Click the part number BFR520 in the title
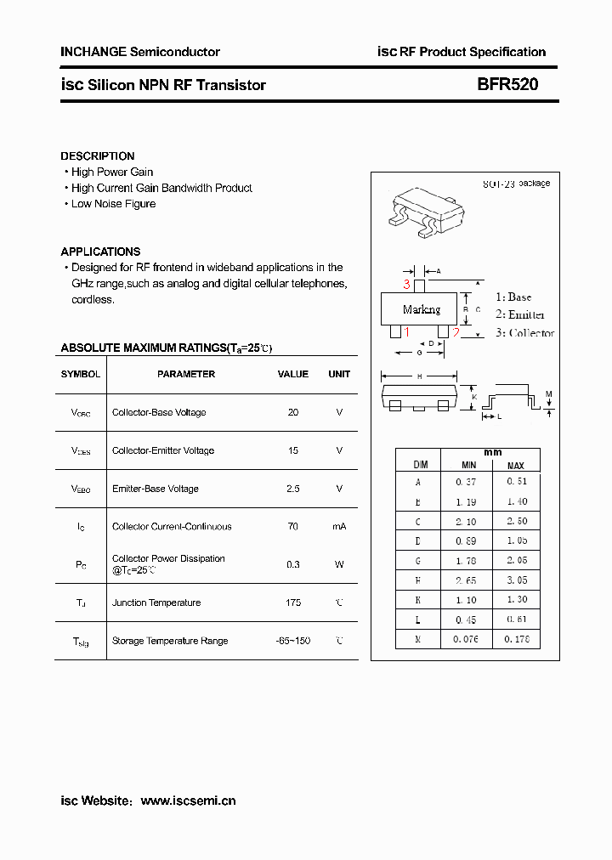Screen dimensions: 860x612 point(507,85)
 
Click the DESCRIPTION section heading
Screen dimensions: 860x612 point(97,156)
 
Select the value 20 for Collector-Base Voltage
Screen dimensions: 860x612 point(293,412)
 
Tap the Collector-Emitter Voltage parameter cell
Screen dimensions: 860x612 point(163,450)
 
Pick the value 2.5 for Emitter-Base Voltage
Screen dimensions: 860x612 point(293,489)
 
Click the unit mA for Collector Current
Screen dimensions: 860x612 point(339,527)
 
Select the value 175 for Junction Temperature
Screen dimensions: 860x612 point(293,603)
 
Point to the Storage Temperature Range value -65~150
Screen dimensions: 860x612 point(293,641)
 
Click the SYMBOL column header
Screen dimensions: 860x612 point(81,374)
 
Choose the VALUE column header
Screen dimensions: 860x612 point(293,374)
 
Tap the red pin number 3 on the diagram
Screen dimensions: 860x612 point(407,285)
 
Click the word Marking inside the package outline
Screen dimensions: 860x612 point(422,309)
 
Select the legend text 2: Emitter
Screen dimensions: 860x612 point(520,314)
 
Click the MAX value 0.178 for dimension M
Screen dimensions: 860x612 point(516,639)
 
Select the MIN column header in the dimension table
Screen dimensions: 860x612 point(468,465)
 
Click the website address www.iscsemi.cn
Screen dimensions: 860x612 point(188,801)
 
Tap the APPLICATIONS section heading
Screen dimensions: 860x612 point(100,252)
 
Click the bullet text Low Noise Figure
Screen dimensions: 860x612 point(113,204)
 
